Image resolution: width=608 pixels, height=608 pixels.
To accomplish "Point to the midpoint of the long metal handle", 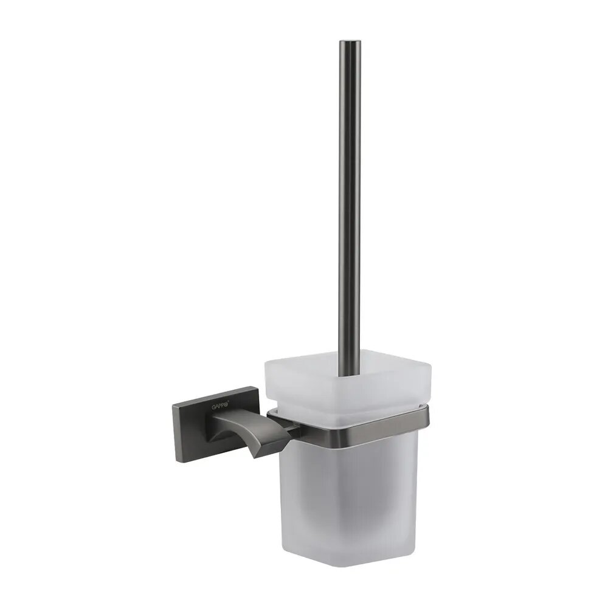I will (349, 201).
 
